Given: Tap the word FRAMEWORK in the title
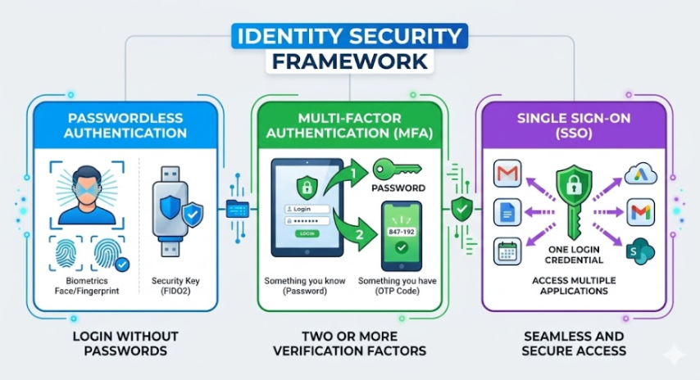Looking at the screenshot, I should (350, 61).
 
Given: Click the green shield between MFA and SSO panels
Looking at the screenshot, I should (461, 210).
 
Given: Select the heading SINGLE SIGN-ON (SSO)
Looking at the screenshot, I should (573, 125).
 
